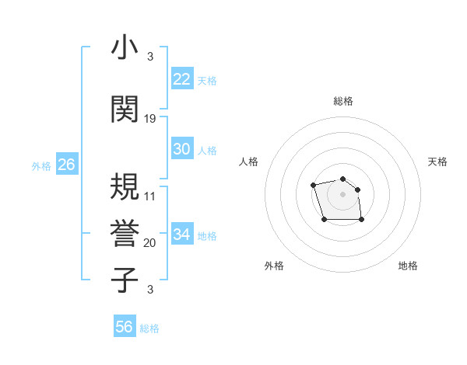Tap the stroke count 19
pyautogui.click(x=150, y=119)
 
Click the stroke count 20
pyautogui.click(x=150, y=243)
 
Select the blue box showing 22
pyautogui.click(x=182, y=79)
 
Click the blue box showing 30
pyautogui.click(x=182, y=149)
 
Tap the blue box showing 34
pyautogui.click(x=182, y=235)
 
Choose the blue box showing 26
pyautogui.click(x=66, y=165)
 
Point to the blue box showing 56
pyautogui.click(x=125, y=327)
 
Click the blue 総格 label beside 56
pyautogui.click(x=149, y=328)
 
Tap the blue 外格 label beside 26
pyautogui.click(x=41, y=166)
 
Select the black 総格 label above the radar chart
pyautogui.click(x=343, y=101)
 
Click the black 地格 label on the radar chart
pyautogui.click(x=408, y=266)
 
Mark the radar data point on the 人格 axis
pyautogui.click(x=313, y=185)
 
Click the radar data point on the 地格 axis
pyautogui.click(x=362, y=221)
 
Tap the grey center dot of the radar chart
pyautogui.click(x=343, y=194)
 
